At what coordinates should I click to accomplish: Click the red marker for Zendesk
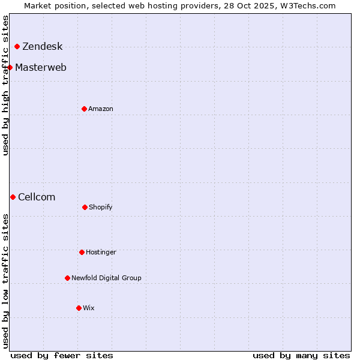pyautogui.click(x=17, y=47)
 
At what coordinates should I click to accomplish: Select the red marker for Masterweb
pyautogui.click(x=10, y=67)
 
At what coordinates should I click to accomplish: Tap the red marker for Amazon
pyautogui.click(x=84, y=109)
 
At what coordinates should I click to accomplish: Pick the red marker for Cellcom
pyautogui.click(x=13, y=197)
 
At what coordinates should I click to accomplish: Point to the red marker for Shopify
pyautogui.click(x=85, y=207)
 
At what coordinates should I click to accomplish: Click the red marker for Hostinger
pyautogui.click(x=82, y=252)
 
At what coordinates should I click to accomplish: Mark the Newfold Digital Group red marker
pyautogui.click(x=67, y=278)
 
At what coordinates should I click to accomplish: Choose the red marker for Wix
pyautogui.click(x=79, y=308)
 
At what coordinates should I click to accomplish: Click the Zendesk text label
pyautogui.click(x=42, y=47)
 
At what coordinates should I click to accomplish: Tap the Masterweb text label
pyautogui.click(x=41, y=67)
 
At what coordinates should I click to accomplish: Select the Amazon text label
pyautogui.click(x=101, y=109)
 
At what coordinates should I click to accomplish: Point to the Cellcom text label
pyautogui.click(x=37, y=197)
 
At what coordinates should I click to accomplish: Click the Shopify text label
pyautogui.click(x=101, y=207)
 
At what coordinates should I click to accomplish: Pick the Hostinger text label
pyautogui.click(x=101, y=252)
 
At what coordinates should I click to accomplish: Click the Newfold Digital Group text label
pyautogui.click(x=106, y=278)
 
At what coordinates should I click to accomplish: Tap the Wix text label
pyautogui.click(x=89, y=308)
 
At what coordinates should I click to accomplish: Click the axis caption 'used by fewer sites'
pyautogui.click(x=62, y=355)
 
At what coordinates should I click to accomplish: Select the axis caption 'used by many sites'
pyautogui.click(x=301, y=355)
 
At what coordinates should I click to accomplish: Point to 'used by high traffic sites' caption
pyautogui.click(x=5, y=85)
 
